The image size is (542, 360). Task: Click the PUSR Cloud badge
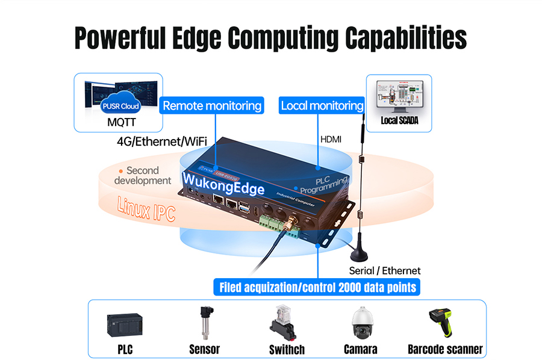[121, 107]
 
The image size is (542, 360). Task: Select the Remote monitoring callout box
[213, 106]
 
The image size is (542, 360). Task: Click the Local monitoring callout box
[322, 106]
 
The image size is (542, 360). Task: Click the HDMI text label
[331, 139]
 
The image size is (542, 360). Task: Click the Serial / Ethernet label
[385, 270]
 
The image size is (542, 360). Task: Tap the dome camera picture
[361, 324]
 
